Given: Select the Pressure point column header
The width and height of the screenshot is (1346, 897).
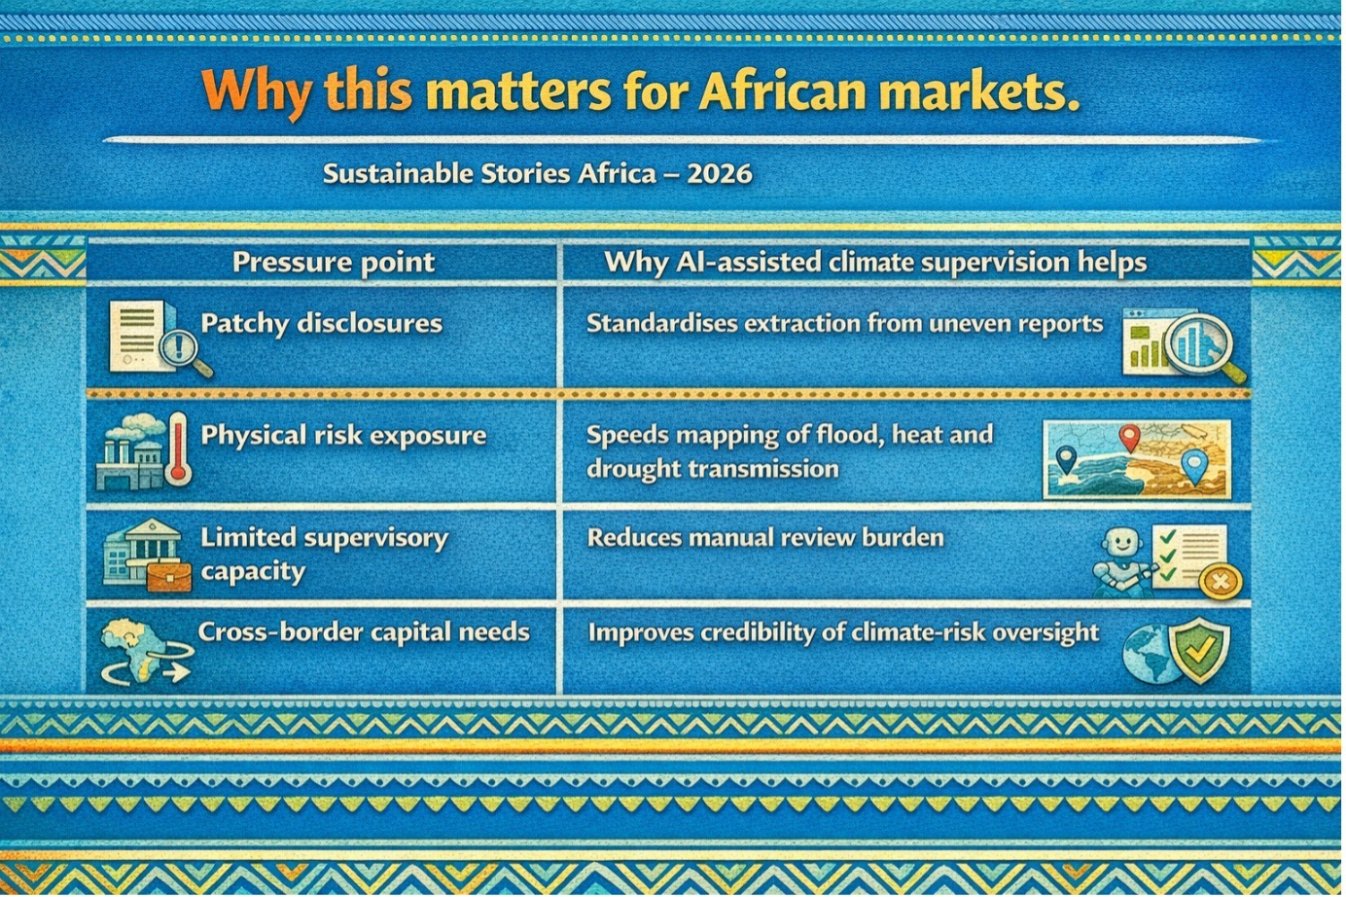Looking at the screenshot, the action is point(334,262).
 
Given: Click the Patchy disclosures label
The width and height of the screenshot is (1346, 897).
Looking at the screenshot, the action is point(322,323).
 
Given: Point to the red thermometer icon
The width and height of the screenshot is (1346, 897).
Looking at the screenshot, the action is point(179,448).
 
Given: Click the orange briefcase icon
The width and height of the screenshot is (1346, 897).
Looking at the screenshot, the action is point(169,576).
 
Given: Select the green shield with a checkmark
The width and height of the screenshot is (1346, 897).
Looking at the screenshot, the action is point(1199,650).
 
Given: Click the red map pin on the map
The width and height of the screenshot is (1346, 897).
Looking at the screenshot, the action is point(1130,438).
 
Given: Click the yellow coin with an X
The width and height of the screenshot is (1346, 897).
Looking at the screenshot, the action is point(1220,582).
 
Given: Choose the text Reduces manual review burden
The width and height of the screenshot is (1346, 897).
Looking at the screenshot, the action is point(765,537).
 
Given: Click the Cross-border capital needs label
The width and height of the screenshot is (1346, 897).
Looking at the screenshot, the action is point(364,632).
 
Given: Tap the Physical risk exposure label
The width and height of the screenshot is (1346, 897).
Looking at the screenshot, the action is point(343,435).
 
